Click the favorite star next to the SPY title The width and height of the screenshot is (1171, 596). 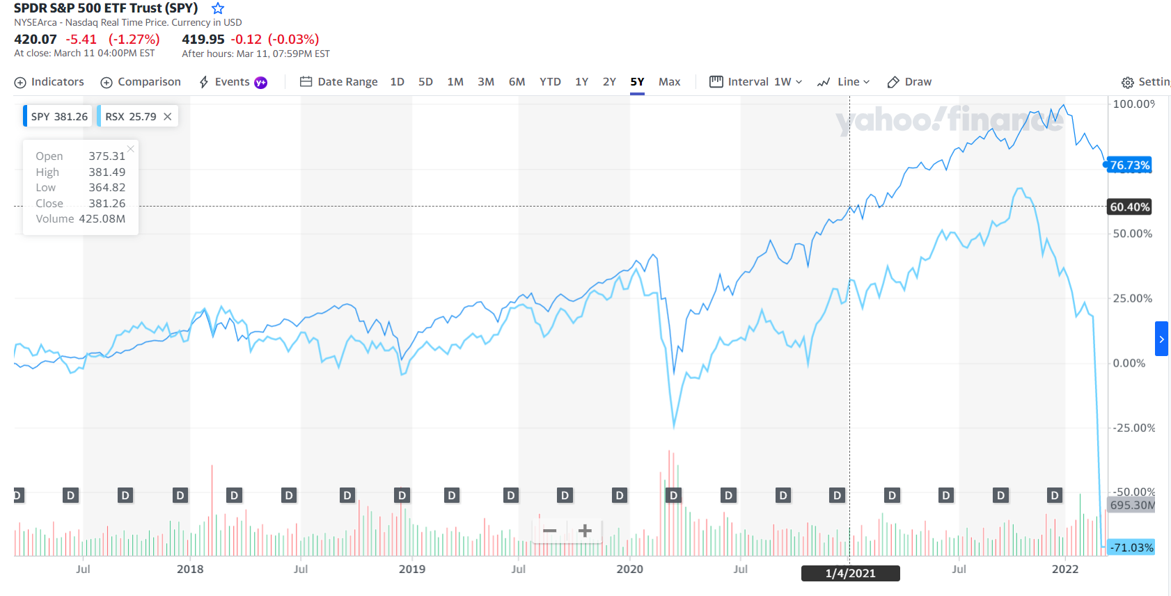pos(218,8)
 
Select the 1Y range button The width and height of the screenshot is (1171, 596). pos(581,82)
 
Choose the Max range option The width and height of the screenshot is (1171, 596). pos(669,82)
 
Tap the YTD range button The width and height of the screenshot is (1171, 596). pos(550,82)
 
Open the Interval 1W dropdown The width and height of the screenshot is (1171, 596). pos(756,82)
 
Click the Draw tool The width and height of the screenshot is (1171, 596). pos(909,82)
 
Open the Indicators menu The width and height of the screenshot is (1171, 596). pos(49,82)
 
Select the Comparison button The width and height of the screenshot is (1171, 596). pos(141,82)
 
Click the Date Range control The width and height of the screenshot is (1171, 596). pos(339,82)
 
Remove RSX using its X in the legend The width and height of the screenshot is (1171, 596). pos(168,117)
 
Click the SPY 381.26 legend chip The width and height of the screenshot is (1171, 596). pos(58,117)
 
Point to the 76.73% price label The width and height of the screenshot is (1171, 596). pos(1129,166)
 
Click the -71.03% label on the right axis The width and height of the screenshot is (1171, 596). pos(1131,547)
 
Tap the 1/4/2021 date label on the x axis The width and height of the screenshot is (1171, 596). pos(850,573)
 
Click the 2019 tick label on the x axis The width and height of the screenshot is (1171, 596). pos(411,569)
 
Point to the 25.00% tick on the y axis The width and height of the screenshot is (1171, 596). pos(1132,298)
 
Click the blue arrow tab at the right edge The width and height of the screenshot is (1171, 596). pos(1161,339)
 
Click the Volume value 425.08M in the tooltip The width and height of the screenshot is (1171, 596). pos(102,219)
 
